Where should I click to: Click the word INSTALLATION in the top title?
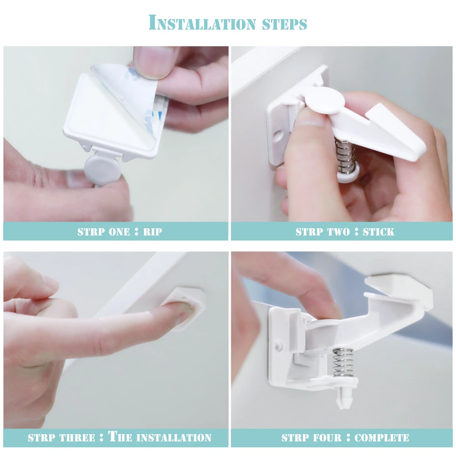click(202, 23)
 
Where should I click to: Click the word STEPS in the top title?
click(285, 24)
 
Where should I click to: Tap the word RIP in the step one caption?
click(153, 232)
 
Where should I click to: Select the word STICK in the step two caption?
click(379, 232)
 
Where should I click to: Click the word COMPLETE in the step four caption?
click(382, 438)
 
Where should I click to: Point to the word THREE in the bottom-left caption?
click(77, 438)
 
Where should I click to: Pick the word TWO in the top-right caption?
click(338, 232)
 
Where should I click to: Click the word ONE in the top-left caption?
click(119, 232)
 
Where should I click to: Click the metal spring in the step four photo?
click(343, 363)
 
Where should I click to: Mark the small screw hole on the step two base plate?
click(278, 135)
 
